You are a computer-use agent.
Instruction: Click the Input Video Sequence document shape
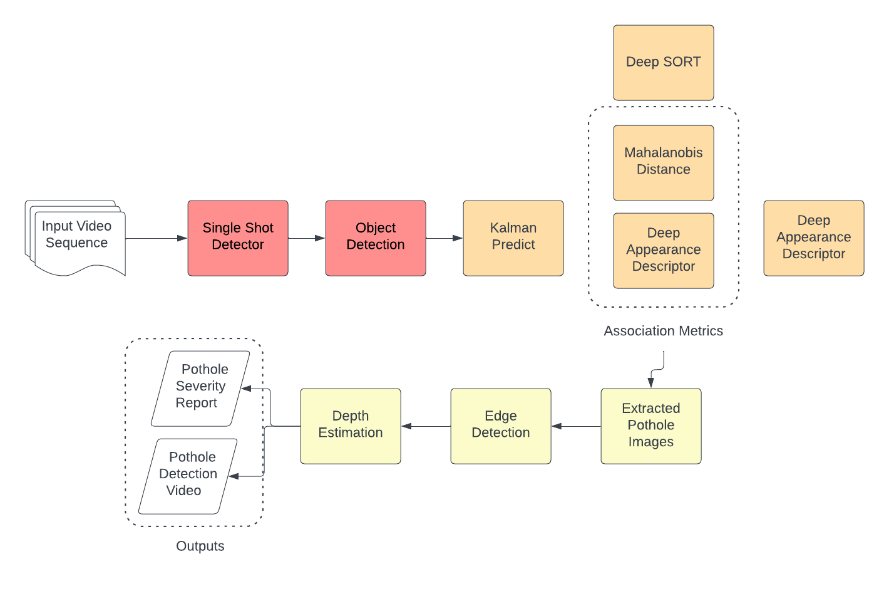pyautogui.click(x=76, y=238)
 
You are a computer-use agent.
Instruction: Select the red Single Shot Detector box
pyautogui.click(x=238, y=238)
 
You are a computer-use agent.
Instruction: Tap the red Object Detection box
pyautogui.click(x=376, y=238)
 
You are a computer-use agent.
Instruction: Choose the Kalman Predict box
pyautogui.click(x=513, y=238)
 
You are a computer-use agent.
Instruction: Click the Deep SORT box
pyautogui.click(x=664, y=63)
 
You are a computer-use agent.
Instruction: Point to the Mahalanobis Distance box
pyautogui.click(x=664, y=163)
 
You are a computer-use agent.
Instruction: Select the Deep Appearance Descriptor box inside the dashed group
pyautogui.click(x=664, y=251)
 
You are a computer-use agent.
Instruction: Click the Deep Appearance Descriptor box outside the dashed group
pyautogui.click(x=814, y=238)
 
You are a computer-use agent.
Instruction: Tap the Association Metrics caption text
pyautogui.click(x=663, y=331)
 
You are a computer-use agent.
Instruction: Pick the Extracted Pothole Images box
pyautogui.click(x=651, y=426)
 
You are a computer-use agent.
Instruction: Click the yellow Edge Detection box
pyautogui.click(x=501, y=426)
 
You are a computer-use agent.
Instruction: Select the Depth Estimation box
pyautogui.click(x=351, y=426)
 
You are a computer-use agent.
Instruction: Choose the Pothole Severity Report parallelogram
pyautogui.click(x=200, y=389)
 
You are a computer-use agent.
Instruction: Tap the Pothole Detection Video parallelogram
pyautogui.click(x=188, y=476)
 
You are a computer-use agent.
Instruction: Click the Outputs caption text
pyautogui.click(x=200, y=546)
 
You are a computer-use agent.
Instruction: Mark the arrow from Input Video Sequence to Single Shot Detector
pyautogui.click(x=157, y=238)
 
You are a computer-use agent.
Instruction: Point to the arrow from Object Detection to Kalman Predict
pyautogui.click(x=445, y=238)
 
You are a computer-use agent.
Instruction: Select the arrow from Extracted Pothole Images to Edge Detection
pyautogui.click(x=576, y=426)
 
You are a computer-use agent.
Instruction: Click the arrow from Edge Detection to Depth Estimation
pyautogui.click(x=426, y=426)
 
